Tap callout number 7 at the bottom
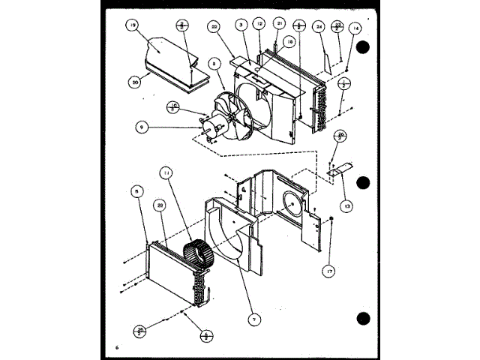[254, 320]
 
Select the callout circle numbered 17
[328, 271]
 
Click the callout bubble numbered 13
[346, 204]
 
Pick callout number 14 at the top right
[355, 28]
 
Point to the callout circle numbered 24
[319, 26]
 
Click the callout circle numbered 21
[278, 24]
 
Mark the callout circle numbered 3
[241, 25]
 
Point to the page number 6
[118, 346]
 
